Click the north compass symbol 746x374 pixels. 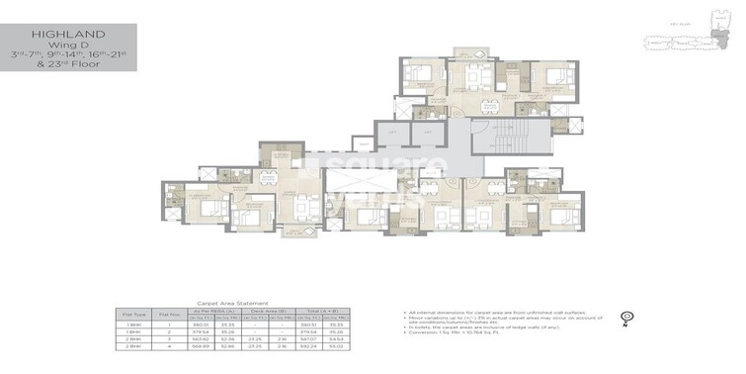[625, 318]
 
